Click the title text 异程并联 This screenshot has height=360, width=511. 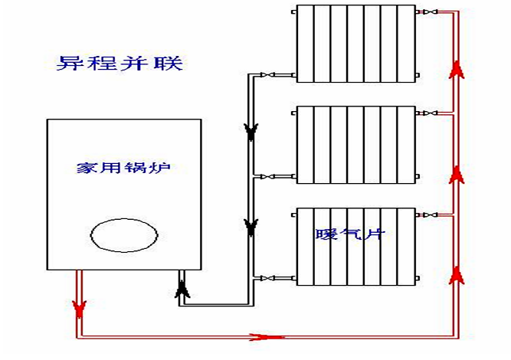click(x=120, y=62)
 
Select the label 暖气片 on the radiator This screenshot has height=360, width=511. click(x=349, y=233)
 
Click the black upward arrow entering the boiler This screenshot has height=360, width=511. click(x=182, y=289)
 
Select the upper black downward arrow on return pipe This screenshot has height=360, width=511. click(x=250, y=133)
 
